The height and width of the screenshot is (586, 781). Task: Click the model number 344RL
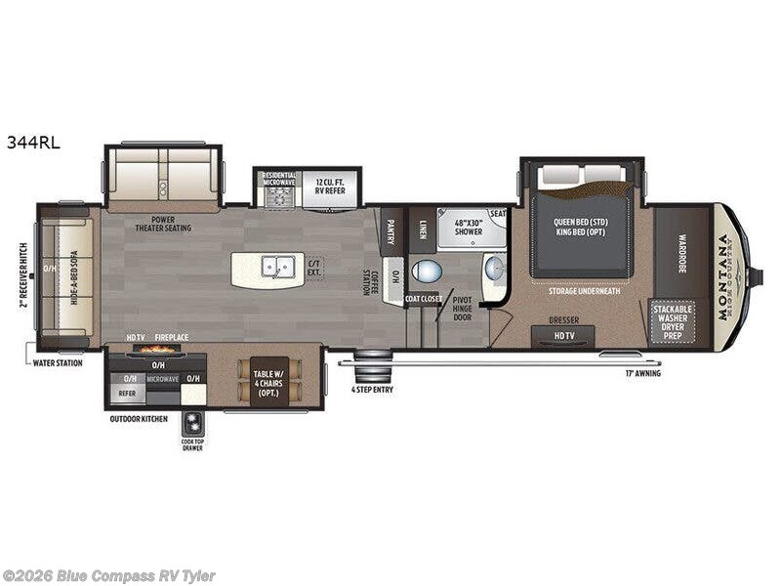[x=33, y=142]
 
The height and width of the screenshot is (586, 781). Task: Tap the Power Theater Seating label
[x=163, y=224]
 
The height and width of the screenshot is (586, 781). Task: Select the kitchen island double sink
[x=276, y=267]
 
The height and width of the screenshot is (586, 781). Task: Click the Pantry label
[x=390, y=231]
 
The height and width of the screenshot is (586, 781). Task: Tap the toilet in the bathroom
[x=427, y=271]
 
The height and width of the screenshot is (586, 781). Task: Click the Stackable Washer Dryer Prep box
[x=674, y=322]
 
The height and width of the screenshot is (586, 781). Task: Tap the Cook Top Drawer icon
[x=191, y=424]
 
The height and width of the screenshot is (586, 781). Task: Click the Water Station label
[x=57, y=362]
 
